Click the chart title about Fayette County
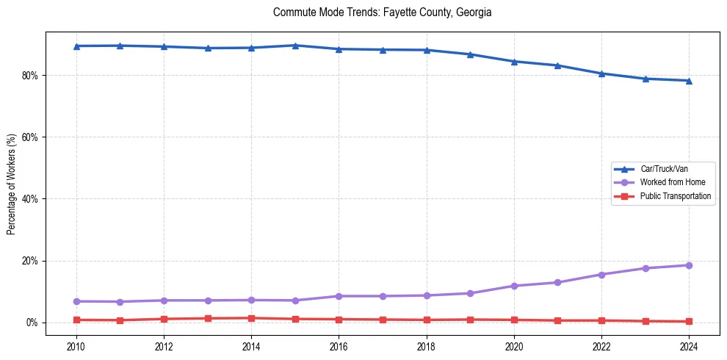(381, 12)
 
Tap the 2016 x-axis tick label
(339, 345)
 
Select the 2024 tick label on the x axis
(689, 345)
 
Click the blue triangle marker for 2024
(689, 81)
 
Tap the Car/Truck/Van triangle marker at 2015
(295, 46)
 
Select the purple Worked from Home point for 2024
(689, 265)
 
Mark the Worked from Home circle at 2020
(514, 286)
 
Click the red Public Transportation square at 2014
(251, 318)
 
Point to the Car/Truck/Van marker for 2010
(76, 46)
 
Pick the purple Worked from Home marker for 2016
(339, 296)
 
